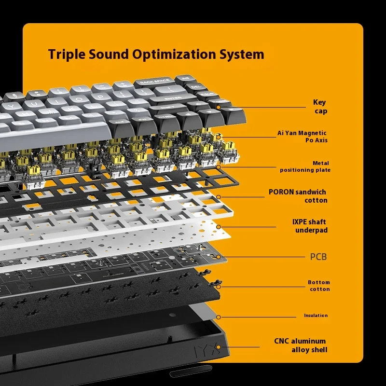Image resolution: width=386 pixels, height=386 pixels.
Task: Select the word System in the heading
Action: tap(242, 54)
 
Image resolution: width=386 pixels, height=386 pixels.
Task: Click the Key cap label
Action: tap(320, 107)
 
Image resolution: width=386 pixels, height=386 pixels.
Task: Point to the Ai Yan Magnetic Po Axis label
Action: tap(302, 137)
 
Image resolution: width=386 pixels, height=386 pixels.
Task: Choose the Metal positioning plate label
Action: tap(305, 166)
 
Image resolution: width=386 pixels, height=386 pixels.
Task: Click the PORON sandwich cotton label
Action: tap(298, 196)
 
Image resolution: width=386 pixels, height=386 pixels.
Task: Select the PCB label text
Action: tap(318, 257)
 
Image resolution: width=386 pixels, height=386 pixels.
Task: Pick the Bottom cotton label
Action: tap(319, 286)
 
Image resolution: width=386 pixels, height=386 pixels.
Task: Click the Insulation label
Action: tap(316, 316)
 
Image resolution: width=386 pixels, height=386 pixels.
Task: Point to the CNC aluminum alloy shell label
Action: tap(301, 345)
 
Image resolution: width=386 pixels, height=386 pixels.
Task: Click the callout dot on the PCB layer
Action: tap(218, 257)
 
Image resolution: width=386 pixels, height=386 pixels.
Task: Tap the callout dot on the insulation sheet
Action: tap(218, 317)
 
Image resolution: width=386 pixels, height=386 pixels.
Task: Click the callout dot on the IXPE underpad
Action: tap(218, 226)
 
